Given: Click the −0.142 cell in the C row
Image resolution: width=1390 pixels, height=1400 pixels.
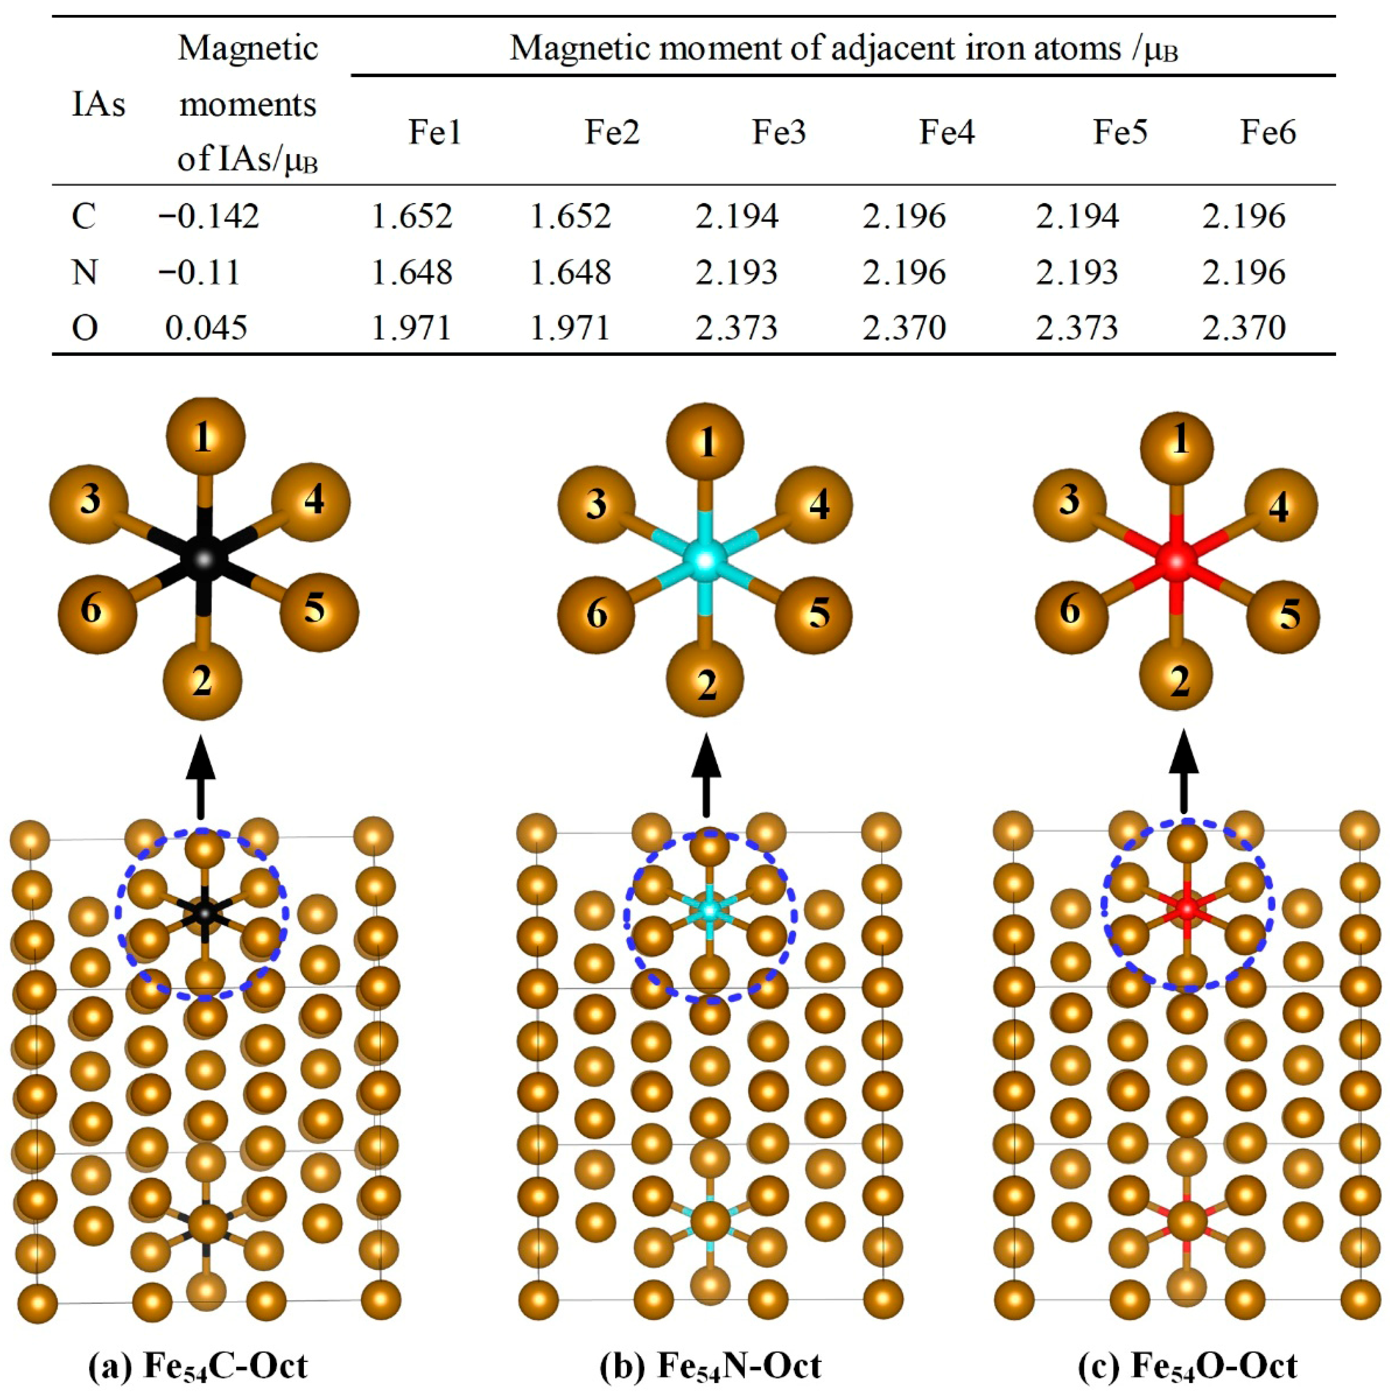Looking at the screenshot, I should pyautogui.click(x=209, y=216).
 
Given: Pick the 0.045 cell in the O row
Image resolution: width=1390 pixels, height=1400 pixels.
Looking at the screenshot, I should pyautogui.click(x=207, y=327).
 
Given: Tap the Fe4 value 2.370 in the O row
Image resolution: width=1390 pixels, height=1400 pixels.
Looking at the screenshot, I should pyautogui.click(x=904, y=327).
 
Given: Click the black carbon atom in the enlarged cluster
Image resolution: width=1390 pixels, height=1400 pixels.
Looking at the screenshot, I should pyautogui.click(x=204, y=558).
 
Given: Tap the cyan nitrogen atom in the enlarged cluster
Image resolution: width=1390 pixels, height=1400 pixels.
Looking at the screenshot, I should pyautogui.click(x=706, y=558).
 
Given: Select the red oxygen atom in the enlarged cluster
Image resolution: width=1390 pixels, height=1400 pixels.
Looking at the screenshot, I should pyautogui.click(x=1177, y=558).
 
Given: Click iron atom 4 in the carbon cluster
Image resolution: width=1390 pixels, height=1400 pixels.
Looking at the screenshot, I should pyautogui.click(x=312, y=502).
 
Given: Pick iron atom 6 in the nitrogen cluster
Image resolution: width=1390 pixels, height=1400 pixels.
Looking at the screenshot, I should pyautogui.click(x=596, y=614).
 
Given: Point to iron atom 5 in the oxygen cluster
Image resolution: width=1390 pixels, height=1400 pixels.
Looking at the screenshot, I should pyautogui.click(x=1284, y=616).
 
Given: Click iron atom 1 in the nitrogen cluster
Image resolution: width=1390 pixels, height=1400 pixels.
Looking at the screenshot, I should pyautogui.click(x=706, y=442).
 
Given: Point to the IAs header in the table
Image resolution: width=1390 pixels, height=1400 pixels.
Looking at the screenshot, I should pyautogui.click(x=99, y=104).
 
